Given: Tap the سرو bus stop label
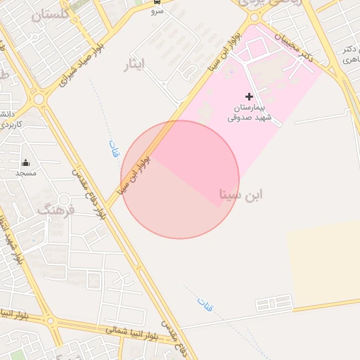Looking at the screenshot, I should click(157, 12).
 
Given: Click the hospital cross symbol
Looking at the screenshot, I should click(249, 96).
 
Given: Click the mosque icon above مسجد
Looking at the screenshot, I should click(26, 163).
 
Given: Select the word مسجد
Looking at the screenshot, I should click(26, 172).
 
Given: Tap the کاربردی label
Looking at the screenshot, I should click(10, 124).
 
